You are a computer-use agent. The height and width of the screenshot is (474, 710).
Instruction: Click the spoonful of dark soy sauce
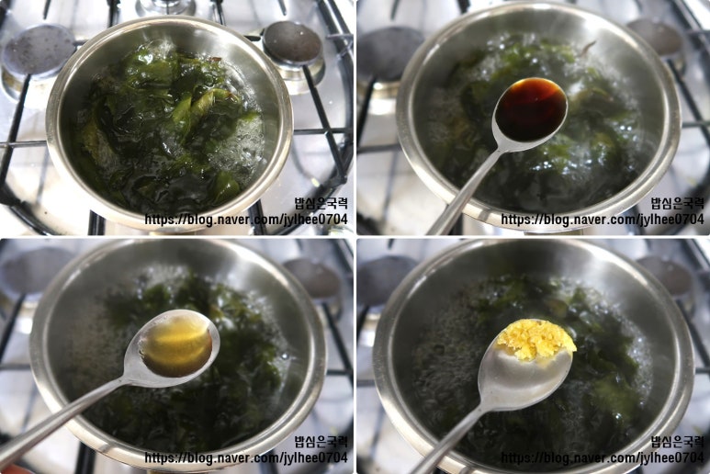point(531,109)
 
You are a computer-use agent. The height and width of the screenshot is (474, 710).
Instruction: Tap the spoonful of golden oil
point(177,344)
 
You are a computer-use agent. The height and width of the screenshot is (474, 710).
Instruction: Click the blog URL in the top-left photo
point(246,220)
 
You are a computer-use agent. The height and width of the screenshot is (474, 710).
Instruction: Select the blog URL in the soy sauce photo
point(603,220)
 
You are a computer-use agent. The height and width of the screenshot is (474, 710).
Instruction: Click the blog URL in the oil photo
point(246,457)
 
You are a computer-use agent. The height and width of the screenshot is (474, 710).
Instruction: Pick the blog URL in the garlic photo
point(603,457)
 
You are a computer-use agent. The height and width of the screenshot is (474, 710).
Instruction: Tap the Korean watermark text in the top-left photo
point(321,203)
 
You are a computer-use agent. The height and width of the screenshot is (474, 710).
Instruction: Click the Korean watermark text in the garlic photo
point(678,442)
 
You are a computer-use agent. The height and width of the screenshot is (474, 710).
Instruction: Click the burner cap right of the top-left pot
point(292,44)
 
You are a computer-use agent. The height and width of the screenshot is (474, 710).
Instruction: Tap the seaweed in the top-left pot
point(168,127)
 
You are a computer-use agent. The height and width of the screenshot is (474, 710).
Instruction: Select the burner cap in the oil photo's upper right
point(312,278)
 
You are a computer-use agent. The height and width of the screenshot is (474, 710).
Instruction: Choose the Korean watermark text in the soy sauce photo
point(678,203)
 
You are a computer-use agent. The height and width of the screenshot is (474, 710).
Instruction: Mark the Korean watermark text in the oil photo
point(321,442)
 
